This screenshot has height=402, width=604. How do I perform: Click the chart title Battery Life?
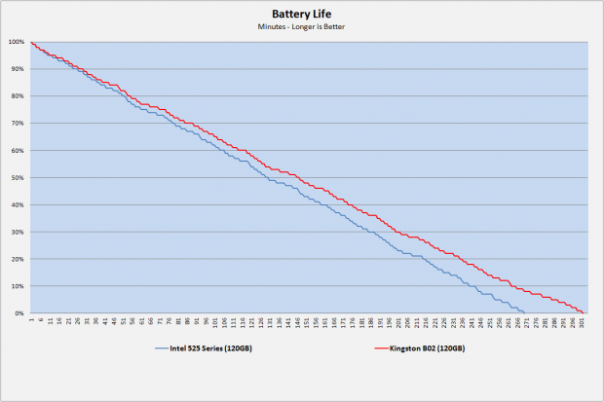coord(301,14)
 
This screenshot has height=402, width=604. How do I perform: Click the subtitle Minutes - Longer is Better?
coord(301,26)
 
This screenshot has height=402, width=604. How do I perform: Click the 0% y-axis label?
coord(20,313)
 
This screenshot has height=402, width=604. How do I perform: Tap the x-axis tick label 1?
coord(31,320)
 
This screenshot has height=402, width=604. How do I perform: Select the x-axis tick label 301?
coord(583,323)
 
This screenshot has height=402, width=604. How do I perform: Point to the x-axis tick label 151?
coord(307,323)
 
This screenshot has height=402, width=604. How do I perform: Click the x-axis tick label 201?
coord(398,323)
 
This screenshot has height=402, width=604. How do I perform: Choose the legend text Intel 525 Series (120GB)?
coord(207,347)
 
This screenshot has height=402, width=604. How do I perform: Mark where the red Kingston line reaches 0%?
coord(584,312)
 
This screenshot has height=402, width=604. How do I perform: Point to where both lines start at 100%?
coord(31,42)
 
